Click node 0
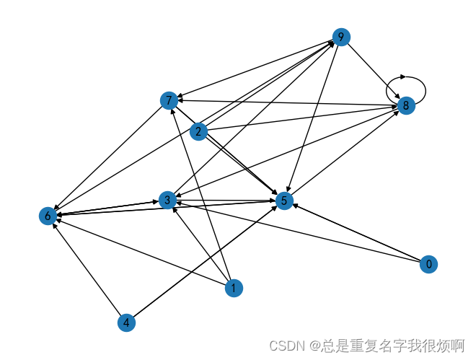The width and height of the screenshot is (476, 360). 429,264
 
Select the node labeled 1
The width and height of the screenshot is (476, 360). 233,289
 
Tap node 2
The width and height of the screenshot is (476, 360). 199,131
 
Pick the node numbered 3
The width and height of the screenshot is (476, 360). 167,199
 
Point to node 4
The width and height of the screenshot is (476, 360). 127,322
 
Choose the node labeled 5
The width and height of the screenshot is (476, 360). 285,201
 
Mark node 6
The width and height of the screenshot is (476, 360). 48,216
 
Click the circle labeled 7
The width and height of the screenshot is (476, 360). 169,100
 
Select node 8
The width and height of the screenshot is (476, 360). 406,105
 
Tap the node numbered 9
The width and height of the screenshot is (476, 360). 341,38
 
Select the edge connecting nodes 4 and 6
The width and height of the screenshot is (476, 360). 87,269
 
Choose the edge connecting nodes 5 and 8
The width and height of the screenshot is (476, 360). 345,153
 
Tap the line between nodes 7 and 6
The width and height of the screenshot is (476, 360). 108,157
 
